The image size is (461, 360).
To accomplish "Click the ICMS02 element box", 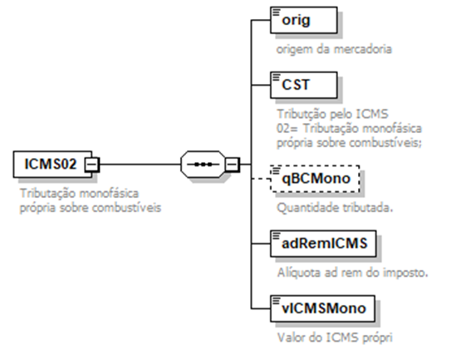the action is pyautogui.click(x=52, y=165).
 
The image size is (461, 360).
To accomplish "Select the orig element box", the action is pyautogui.click(x=304, y=20).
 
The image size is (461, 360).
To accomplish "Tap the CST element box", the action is pyautogui.click(x=304, y=85).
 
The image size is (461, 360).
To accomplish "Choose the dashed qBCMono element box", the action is pyautogui.click(x=315, y=179).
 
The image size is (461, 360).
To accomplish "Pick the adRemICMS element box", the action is pyautogui.click(x=323, y=244).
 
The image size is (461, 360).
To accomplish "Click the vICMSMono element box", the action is pyautogui.click(x=322, y=308).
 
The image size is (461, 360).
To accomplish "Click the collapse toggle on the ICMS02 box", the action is pyautogui.click(x=92, y=165).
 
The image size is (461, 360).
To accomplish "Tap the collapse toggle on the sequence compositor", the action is pyautogui.click(x=233, y=165).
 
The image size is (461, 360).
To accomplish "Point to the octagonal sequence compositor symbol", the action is pyautogui.click(x=203, y=165).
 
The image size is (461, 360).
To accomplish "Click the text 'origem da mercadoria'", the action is pyautogui.click(x=334, y=49).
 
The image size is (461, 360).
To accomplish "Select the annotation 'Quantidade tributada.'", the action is pyautogui.click(x=335, y=208).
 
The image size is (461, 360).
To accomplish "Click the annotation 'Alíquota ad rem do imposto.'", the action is pyautogui.click(x=352, y=273).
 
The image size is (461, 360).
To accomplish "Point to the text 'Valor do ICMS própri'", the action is pyautogui.click(x=335, y=338).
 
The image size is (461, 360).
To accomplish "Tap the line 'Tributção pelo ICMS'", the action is pyautogui.click(x=333, y=114).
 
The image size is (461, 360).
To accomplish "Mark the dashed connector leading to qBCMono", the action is pyautogui.click(x=261, y=179).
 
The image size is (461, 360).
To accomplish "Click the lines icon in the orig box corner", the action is pyautogui.click(x=276, y=12).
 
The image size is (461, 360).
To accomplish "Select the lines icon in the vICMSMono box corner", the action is pyautogui.click(x=276, y=300).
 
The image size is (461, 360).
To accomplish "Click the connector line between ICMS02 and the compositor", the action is pyautogui.click(x=140, y=165).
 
